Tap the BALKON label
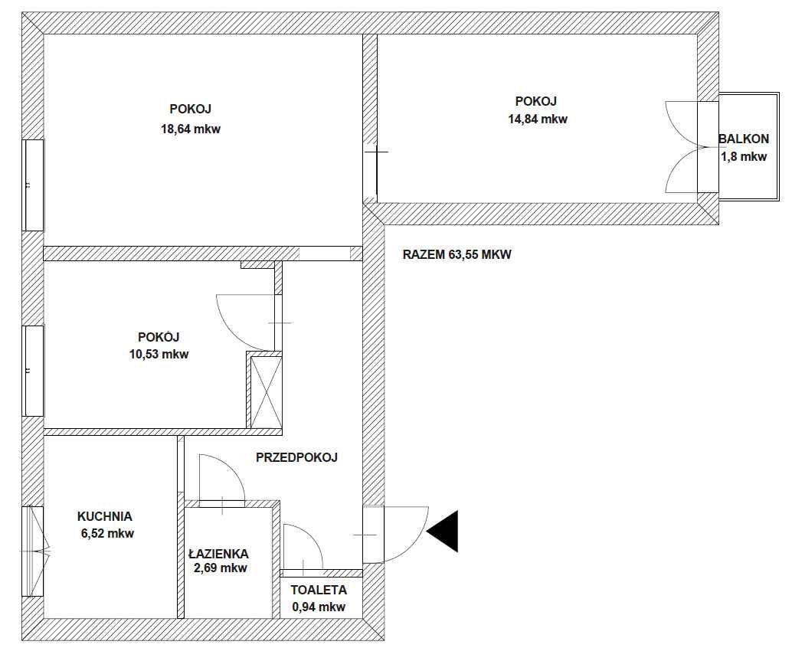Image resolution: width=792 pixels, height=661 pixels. coord(744,139)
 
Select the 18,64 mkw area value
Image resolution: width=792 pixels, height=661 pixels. coord(191,129)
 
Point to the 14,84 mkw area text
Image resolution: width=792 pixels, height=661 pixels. coord(538,119)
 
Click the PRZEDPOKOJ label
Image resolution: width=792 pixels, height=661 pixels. coord(296,457)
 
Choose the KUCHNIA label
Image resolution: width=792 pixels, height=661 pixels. coord(105,516)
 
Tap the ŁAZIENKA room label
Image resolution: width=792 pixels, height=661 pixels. coord(218,554)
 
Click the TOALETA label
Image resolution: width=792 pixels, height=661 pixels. coord(319,590)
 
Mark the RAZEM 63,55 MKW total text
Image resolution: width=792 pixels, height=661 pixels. coord(457,254)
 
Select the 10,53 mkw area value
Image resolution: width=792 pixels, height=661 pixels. coord(159,355)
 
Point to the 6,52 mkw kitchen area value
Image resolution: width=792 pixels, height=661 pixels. coord(107,533)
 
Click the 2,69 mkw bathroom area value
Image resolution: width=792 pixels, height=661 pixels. coord(221,568)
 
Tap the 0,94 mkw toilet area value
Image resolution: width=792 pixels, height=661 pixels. coord(319,607)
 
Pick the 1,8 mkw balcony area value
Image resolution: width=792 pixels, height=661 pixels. coord(744,156)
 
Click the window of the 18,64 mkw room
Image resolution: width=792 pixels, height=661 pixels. coord(34,185)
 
